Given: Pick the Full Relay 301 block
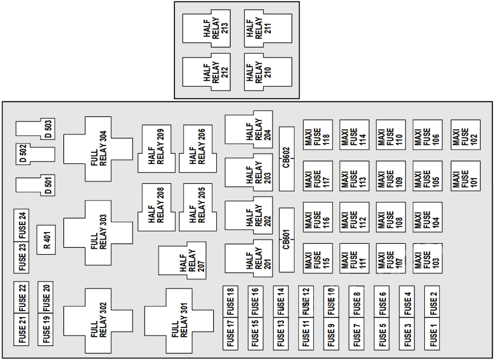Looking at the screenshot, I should [178, 320].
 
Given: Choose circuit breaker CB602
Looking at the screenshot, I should [287, 159].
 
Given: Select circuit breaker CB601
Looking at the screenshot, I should [287, 240].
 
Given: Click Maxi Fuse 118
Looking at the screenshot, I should [317, 134].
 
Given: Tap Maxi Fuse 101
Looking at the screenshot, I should [466, 175].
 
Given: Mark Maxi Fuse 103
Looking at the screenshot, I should [428, 258].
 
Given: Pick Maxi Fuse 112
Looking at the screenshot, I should [355, 216].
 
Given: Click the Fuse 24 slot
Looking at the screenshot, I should [22, 225].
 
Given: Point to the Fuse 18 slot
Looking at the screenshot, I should [231, 301].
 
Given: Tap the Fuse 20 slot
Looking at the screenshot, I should [46, 297].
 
